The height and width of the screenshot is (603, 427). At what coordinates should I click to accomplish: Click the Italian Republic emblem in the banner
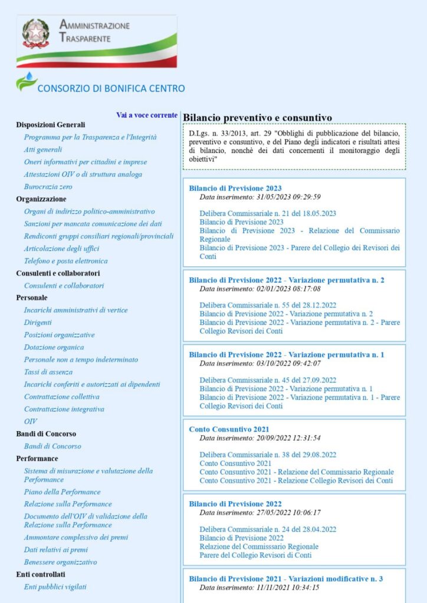pos(35,34)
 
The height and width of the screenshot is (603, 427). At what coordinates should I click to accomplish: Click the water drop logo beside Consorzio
pos(26,81)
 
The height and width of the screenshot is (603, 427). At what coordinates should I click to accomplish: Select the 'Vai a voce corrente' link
pos(147,115)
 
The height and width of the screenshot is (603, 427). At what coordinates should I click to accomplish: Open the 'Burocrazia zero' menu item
pos(48,187)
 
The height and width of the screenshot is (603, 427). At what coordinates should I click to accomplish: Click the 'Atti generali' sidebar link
pos(43,150)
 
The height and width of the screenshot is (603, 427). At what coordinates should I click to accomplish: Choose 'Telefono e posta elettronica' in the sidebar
pos(66,261)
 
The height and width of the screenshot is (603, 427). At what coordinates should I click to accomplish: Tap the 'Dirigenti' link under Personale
pos(38,323)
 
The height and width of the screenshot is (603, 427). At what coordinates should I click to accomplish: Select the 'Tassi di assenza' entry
pos(48,372)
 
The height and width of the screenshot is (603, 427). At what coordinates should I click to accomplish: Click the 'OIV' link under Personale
pos(30,422)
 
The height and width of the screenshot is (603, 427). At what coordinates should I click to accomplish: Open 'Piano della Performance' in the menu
pos(63,492)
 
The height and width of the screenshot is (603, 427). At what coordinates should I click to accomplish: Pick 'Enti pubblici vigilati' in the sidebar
pos(55,587)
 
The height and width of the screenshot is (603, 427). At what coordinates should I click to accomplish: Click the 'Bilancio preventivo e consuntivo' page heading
pos(257,118)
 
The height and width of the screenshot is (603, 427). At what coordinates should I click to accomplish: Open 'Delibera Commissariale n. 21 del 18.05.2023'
pos(268,213)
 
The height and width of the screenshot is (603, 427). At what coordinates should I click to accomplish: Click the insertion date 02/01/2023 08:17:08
pos(260,289)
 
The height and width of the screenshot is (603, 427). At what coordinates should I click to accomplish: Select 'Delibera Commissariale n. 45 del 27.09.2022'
pos(268,380)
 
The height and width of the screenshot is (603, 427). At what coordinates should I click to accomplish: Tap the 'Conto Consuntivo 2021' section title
pos(229,429)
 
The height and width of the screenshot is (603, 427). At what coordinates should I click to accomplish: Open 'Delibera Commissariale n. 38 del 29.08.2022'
pos(268,455)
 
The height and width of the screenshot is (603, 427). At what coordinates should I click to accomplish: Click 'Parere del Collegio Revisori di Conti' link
pos(255,555)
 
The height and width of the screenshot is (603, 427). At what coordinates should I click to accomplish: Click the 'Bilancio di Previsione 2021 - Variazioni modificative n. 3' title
pos(286,579)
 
